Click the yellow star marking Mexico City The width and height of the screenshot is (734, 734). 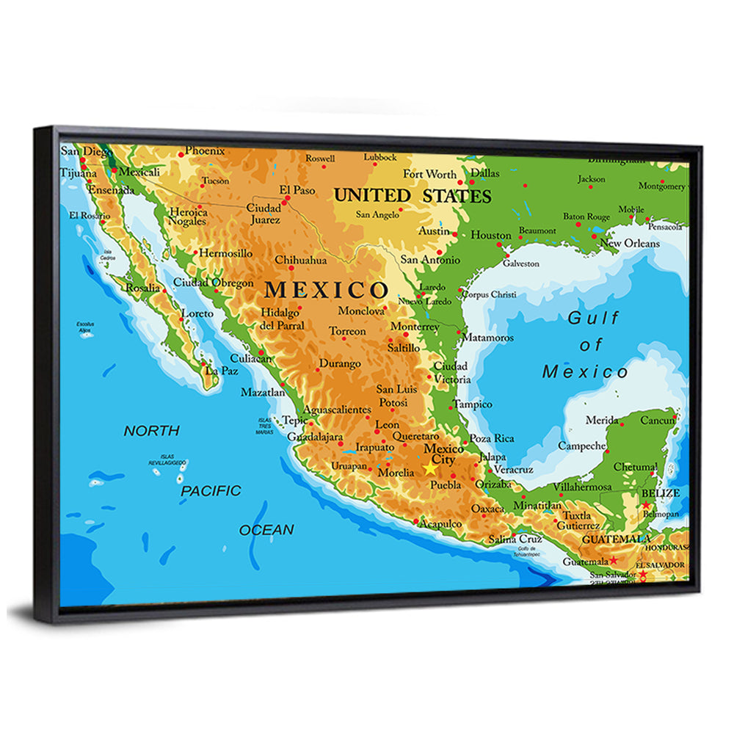tap(429, 468)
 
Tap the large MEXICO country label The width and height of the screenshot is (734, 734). tap(326, 289)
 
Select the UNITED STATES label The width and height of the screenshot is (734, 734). tap(413, 196)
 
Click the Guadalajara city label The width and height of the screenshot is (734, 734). tap(315, 437)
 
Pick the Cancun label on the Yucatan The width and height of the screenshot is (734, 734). tap(657, 421)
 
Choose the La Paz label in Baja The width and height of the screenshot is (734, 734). tap(221, 371)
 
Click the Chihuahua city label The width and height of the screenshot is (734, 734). tap(300, 260)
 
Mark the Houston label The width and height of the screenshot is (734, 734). tap(490, 236)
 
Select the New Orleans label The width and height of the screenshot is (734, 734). tap(629, 243)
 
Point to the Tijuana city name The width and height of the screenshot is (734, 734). tap(78, 174)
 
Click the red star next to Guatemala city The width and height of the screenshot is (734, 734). tap(613, 560)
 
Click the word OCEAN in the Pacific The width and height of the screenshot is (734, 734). tap(266, 530)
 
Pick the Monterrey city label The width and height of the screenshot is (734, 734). tap(415, 327)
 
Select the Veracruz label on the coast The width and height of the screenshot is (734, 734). tap(514, 469)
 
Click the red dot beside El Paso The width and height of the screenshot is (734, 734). tap(286, 197)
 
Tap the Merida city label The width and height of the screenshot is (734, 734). tap(602, 421)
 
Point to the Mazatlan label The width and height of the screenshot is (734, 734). tap(263, 393)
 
